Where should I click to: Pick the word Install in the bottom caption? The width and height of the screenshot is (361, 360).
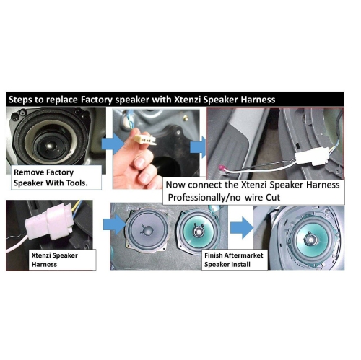(251, 265)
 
